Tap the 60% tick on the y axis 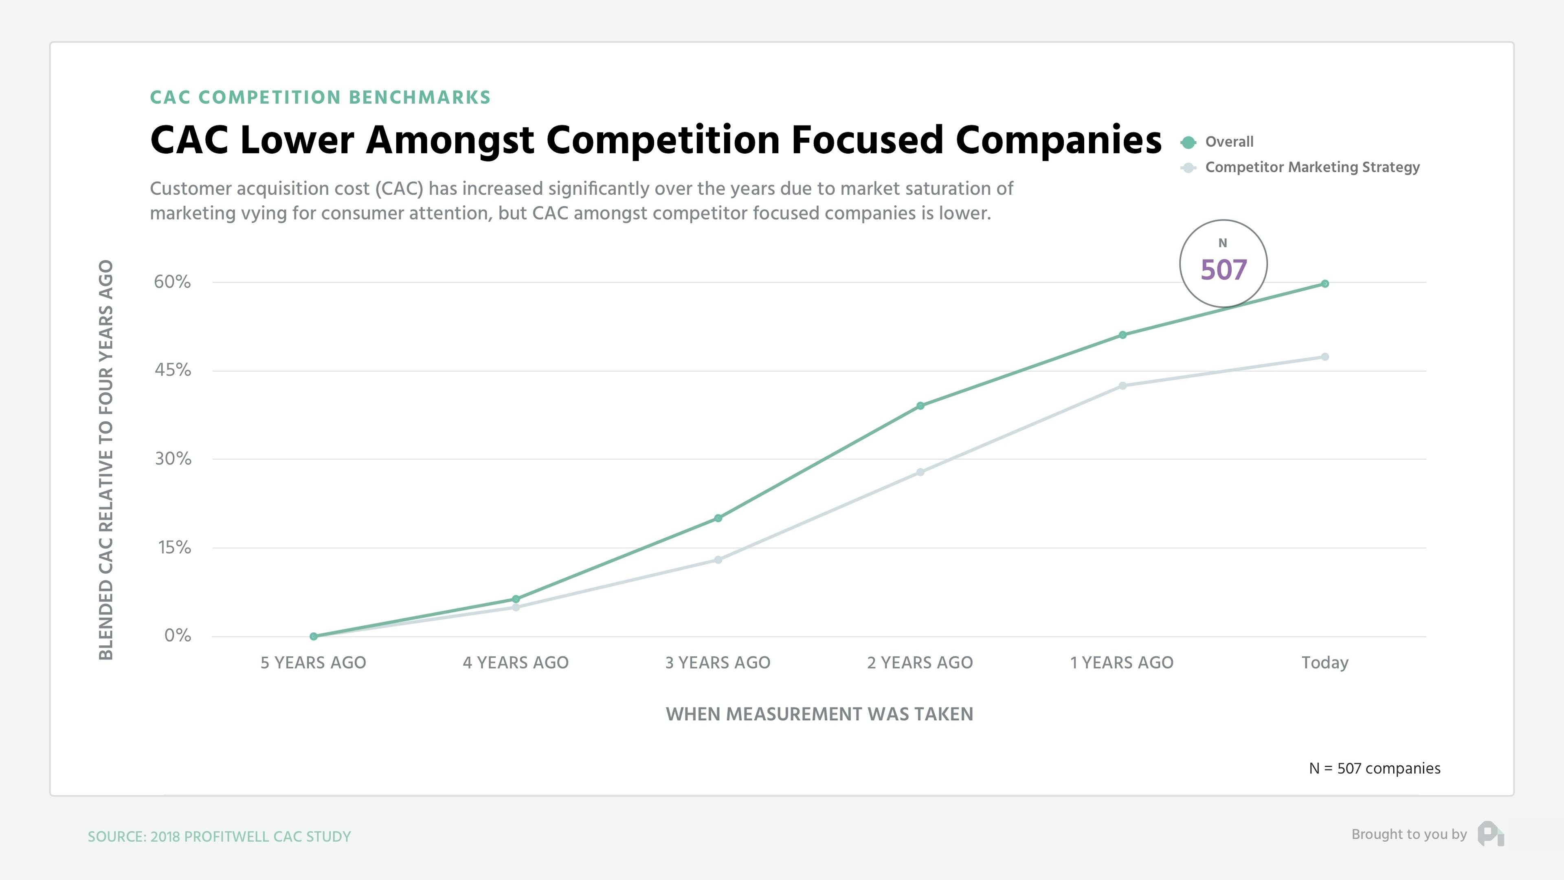(x=172, y=282)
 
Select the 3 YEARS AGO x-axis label (x=718, y=662)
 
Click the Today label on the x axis (x=1325, y=662)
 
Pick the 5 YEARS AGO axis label (x=313, y=662)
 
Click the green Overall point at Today (x=1325, y=284)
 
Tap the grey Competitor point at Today (x=1325, y=357)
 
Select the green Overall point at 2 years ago (x=920, y=406)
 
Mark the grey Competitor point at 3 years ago (x=718, y=560)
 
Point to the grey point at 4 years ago (x=516, y=607)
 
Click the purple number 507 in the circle (x=1224, y=270)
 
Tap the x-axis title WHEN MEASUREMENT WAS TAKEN (x=819, y=714)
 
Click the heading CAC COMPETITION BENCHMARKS (x=320, y=98)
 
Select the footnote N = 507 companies (x=1374, y=768)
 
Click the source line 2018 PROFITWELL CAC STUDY (x=219, y=837)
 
